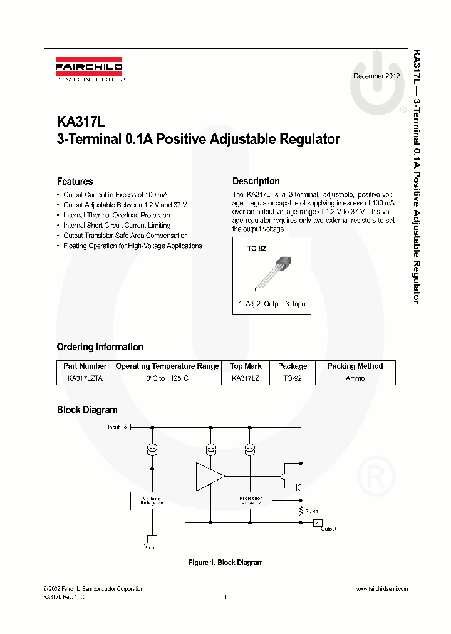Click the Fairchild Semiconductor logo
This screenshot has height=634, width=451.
tap(89, 71)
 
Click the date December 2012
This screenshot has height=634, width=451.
tap(376, 76)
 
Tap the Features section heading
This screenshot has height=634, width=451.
tap(75, 182)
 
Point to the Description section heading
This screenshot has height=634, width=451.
tap(256, 181)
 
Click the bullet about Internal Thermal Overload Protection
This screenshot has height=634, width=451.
tap(117, 215)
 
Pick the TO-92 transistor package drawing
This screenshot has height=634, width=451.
tap(275, 269)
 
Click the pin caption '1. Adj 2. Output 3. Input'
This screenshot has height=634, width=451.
tap(272, 304)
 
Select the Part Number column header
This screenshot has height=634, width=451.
tap(85, 366)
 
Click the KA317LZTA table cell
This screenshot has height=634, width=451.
tap(85, 378)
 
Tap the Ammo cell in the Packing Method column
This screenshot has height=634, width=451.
tap(355, 378)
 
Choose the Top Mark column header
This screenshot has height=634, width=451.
tap(246, 366)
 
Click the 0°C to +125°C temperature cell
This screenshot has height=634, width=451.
tap(167, 378)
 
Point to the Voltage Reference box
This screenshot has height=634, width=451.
tap(152, 501)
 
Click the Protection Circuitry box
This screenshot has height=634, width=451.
tap(251, 500)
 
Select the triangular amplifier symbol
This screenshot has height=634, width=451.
tap(209, 477)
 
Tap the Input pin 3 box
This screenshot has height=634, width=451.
tap(126, 427)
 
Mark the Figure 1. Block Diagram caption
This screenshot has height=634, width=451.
tap(225, 563)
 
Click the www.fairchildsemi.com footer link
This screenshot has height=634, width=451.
tap(381, 589)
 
